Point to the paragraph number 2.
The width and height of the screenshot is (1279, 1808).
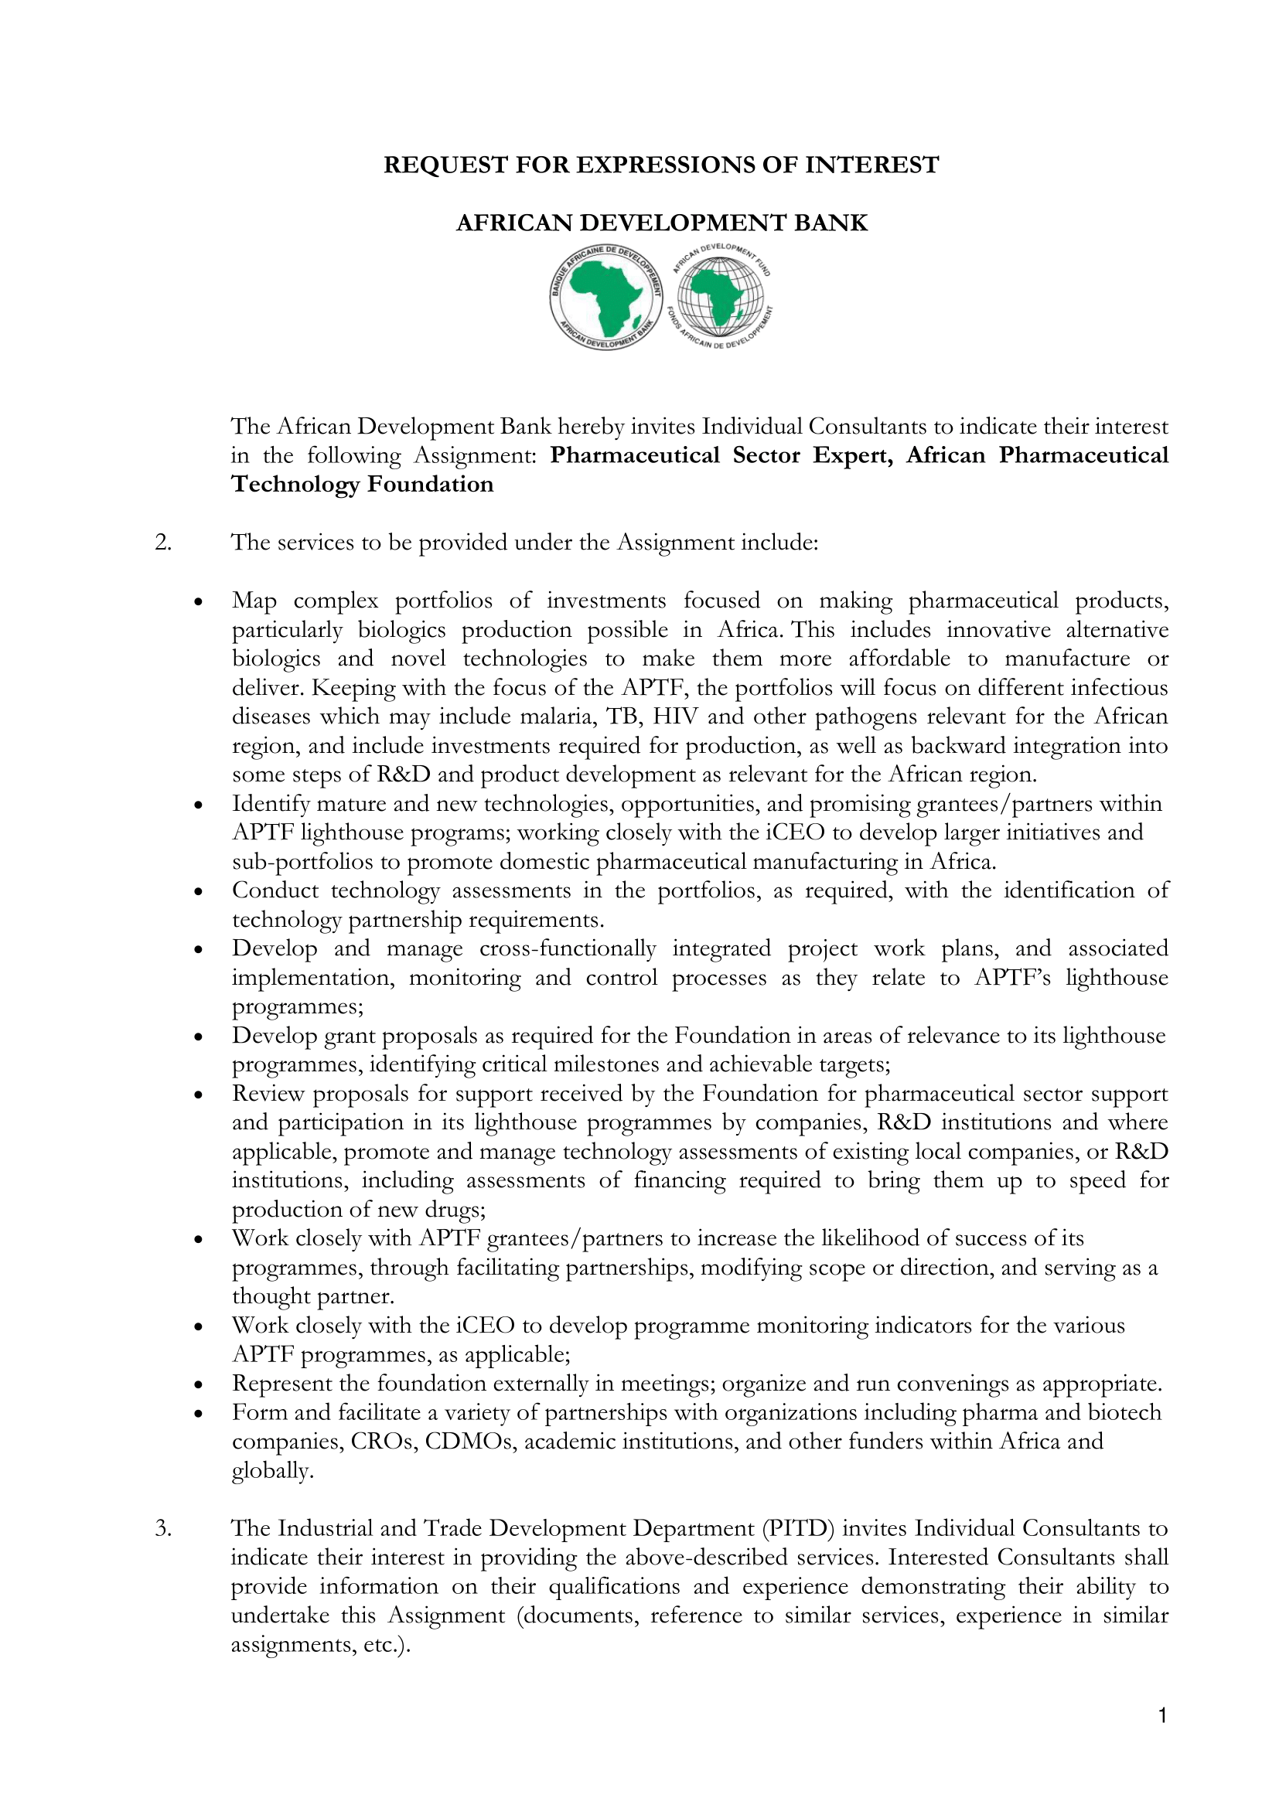(x=163, y=543)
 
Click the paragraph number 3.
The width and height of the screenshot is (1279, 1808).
(x=163, y=1528)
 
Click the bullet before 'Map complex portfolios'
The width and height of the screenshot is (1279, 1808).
(x=200, y=602)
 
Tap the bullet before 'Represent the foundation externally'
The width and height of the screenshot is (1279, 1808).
(x=200, y=1385)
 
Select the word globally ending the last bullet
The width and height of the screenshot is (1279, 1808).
(x=271, y=1471)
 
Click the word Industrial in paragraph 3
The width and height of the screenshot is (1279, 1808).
(x=326, y=1528)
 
